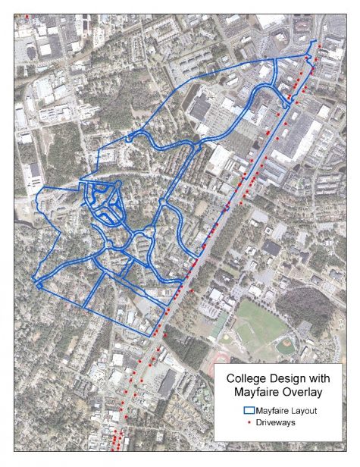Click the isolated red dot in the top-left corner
pyautogui.click(x=27, y=17)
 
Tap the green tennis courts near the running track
pyautogui.click(x=218, y=326)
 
